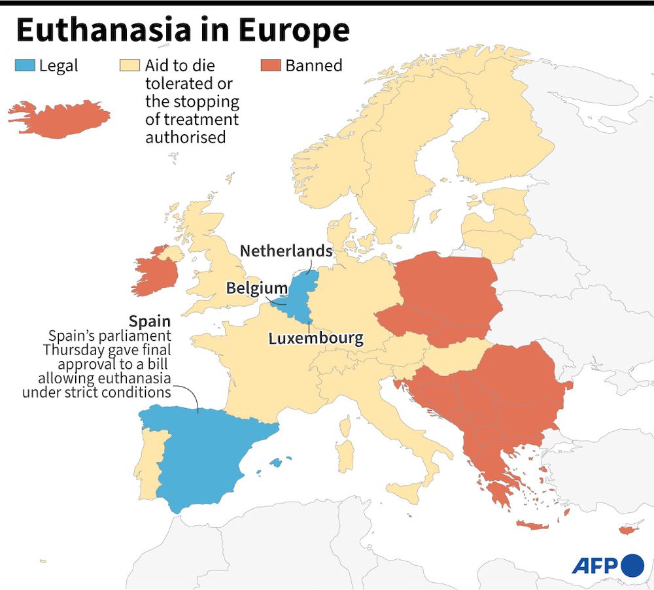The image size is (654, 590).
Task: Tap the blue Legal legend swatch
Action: coord(24,65)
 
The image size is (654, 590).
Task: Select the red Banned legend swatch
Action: coord(271,65)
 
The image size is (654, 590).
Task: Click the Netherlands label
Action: coord(286,251)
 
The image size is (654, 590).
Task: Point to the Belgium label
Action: coord(256,288)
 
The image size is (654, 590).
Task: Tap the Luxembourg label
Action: coord(315,338)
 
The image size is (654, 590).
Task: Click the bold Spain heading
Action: coord(150,321)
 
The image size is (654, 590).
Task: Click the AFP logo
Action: coord(608,564)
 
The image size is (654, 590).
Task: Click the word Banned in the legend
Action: coord(313,65)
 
